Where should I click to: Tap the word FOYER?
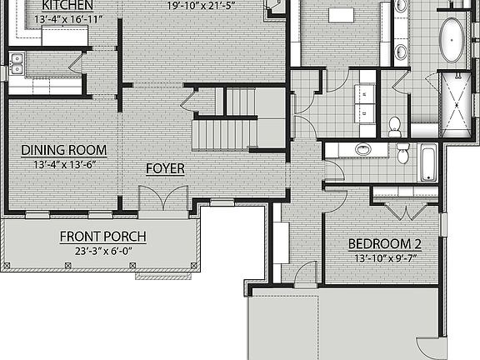point(165,169)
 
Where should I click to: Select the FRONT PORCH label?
point(102,237)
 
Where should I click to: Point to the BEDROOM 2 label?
point(384,245)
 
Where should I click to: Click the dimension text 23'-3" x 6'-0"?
point(102,250)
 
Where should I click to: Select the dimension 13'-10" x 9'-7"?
point(384,258)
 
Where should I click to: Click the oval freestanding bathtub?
point(454,40)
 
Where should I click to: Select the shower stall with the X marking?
point(454,104)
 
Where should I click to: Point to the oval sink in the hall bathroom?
point(363,150)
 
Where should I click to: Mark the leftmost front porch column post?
point(7,266)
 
